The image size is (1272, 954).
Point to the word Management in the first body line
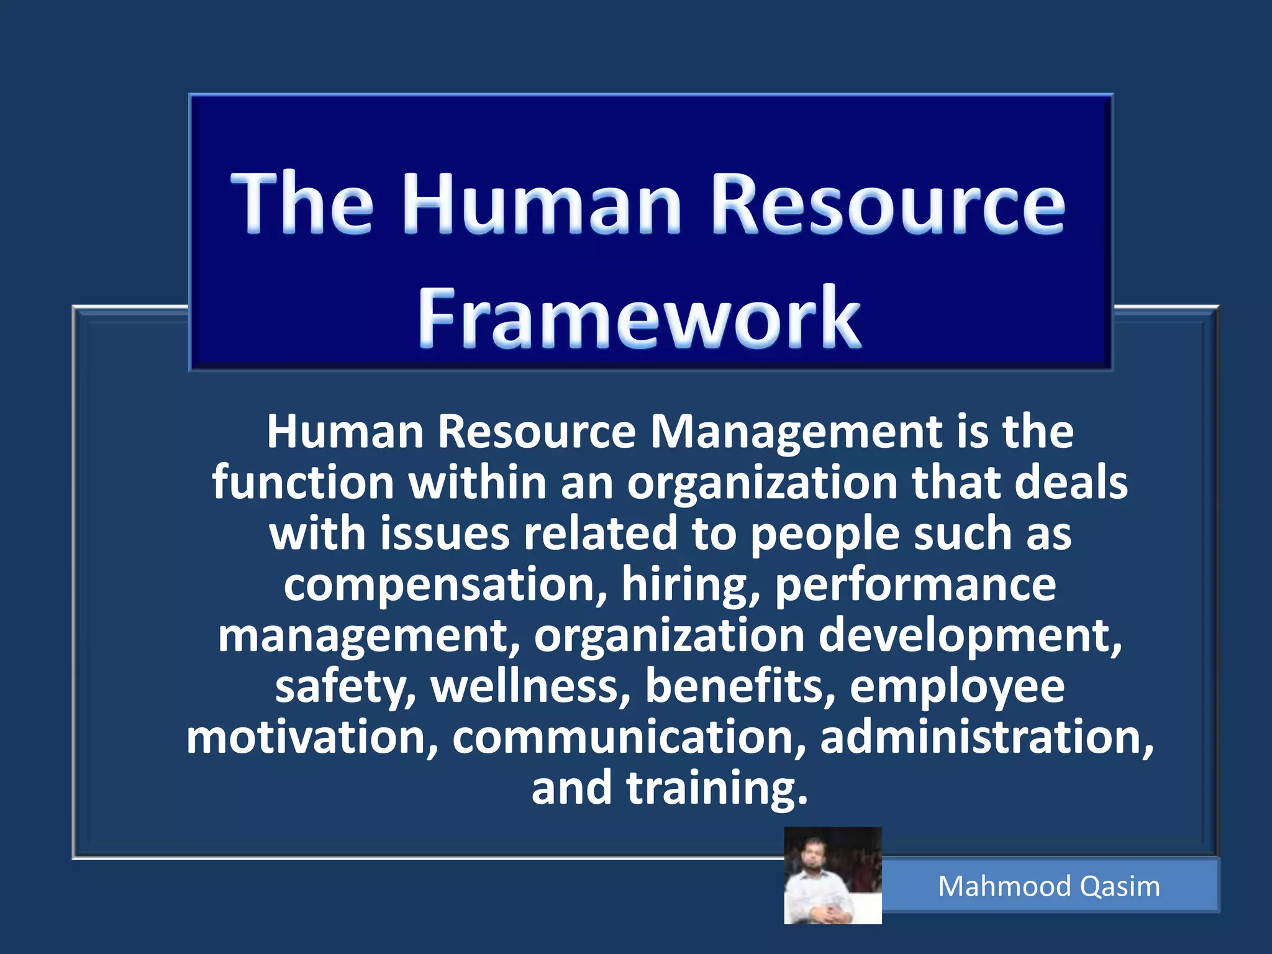796,433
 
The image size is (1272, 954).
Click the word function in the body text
303,483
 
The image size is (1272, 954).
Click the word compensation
445,586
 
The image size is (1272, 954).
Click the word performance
915,586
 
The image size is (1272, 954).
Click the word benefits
740,687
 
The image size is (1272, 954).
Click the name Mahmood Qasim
1049,886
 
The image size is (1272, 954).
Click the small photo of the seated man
832,876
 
